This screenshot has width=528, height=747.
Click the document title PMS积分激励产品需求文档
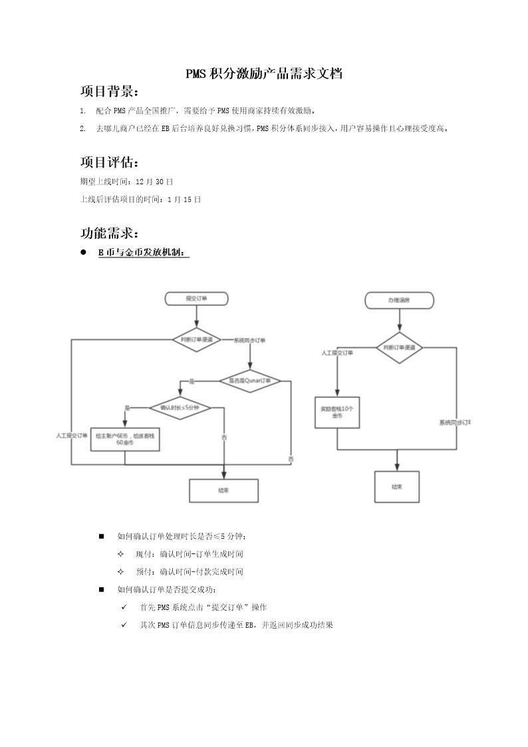tap(264, 74)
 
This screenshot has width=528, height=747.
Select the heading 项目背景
tap(110, 91)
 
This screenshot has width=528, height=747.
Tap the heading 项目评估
tap(110, 162)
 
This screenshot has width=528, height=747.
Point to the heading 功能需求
tap(110, 233)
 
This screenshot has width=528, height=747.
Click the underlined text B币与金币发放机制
tap(143, 253)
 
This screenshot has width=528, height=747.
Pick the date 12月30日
tap(154, 181)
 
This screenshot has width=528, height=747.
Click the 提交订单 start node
tap(196, 299)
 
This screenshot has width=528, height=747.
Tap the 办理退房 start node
tap(399, 301)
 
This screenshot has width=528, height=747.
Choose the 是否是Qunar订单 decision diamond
tap(249, 381)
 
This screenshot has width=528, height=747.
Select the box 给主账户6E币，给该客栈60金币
tap(124, 438)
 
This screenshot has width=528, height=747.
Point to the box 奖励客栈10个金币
tap(336, 412)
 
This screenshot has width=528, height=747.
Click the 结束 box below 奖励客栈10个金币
tap(397, 488)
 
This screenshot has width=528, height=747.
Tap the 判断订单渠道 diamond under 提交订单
tap(196, 340)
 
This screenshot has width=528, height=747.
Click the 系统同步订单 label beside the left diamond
tap(249, 341)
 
